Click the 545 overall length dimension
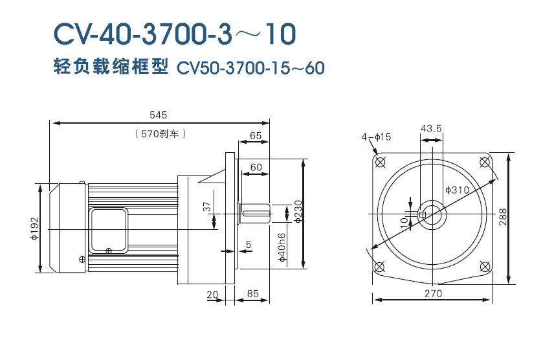click(x=159, y=115)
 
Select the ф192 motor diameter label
click(x=34, y=228)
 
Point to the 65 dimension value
click(x=255, y=135)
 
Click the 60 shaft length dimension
click(x=256, y=167)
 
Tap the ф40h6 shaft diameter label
click(x=282, y=247)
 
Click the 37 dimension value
click(x=207, y=207)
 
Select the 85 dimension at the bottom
click(x=253, y=293)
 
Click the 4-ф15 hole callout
click(x=376, y=137)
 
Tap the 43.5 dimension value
click(x=431, y=129)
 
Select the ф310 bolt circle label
click(x=457, y=190)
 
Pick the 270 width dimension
click(x=433, y=293)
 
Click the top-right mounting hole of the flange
click(x=485, y=161)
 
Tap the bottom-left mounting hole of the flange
click(x=379, y=267)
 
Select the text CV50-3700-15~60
click(x=250, y=67)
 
